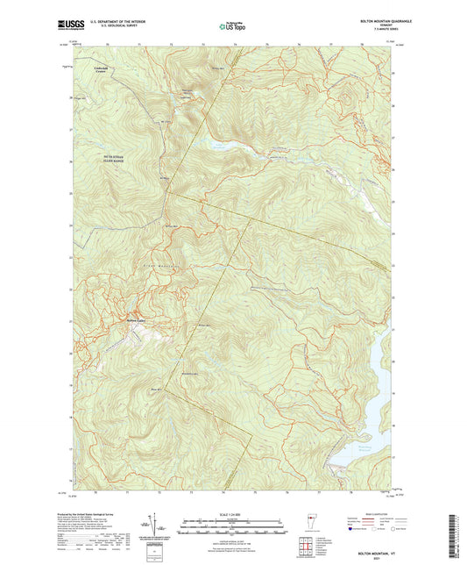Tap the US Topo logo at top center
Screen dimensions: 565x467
(x=233, y=27)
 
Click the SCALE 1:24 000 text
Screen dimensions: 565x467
(x=233, y=514)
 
